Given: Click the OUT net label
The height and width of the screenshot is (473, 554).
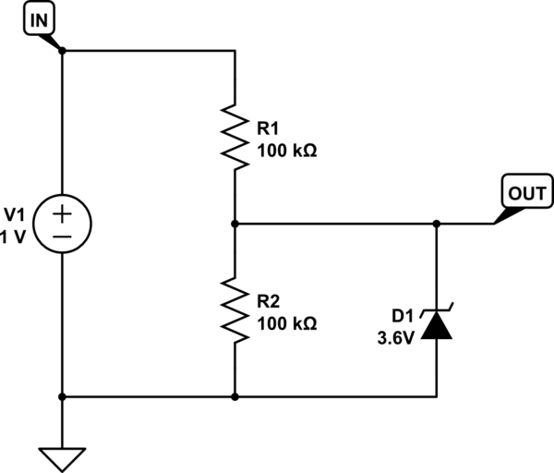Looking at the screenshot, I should [x=527, y=194].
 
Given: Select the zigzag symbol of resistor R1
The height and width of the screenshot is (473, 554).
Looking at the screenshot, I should [x=236, y=137].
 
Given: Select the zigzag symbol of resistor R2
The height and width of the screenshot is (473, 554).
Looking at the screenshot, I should [x=236, y=310].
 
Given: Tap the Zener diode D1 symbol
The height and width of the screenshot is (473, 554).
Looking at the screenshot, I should [x=437, y=325].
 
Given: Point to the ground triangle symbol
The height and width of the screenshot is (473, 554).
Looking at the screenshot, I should [x=63, y=458].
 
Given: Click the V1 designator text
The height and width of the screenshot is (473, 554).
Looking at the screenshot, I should [x=16, y=212].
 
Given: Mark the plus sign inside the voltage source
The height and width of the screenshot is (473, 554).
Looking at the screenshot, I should [x=63, y=212].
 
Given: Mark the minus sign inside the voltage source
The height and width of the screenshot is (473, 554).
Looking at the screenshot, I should [x=63, y=236].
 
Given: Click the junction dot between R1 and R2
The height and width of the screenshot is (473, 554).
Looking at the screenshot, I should [x=236, y=224].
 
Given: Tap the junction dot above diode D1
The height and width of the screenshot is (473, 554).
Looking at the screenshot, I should [x=437, y=224].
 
